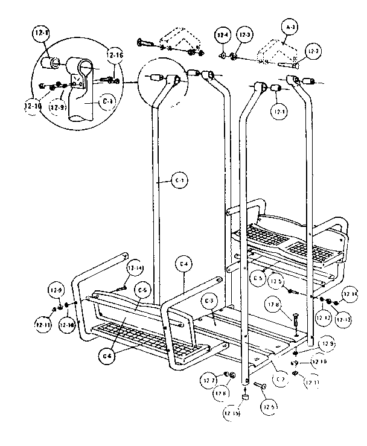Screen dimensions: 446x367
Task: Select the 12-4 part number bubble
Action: (x=225, y=36)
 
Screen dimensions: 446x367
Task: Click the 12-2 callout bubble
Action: (x=312, y=53)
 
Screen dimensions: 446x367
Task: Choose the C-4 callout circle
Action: (x=185, y=264)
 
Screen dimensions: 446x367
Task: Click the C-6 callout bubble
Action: (x=107, y=356)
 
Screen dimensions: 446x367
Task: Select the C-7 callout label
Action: (x=281, y=379)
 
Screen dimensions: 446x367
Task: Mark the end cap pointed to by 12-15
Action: (x=246, y=397)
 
